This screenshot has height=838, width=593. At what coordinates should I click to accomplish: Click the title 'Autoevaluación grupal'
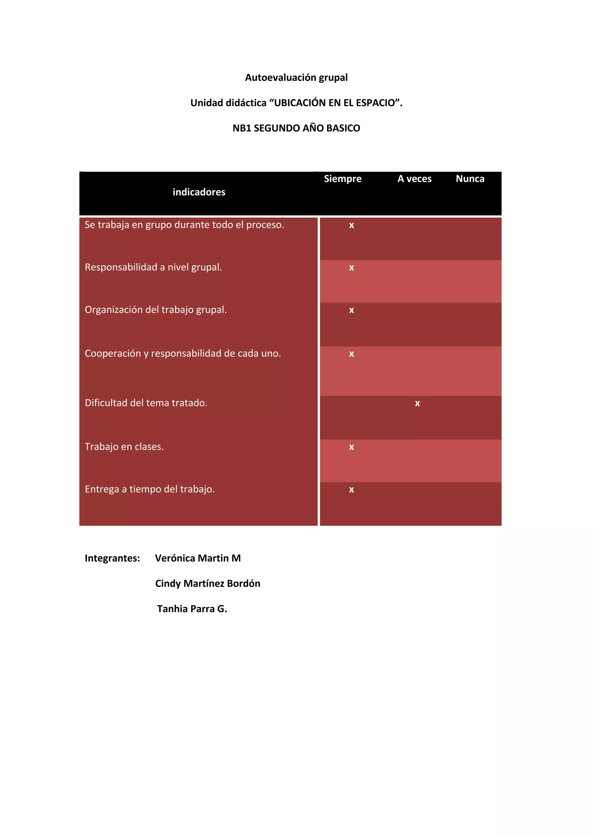[296, 78]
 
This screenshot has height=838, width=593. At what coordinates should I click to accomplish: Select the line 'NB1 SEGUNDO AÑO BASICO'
[296, 128]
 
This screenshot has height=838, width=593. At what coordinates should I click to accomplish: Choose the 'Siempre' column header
[343, 179]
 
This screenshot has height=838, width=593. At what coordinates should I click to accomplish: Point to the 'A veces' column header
[414, 179]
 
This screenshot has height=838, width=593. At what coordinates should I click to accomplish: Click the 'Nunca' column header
[470, 179]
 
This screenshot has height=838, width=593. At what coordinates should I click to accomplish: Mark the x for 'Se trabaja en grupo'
[351, 225]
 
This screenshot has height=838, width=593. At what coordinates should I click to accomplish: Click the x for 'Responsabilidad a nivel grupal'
[351, 268]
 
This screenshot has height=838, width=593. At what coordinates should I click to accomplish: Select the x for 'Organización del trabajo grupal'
[351, 310]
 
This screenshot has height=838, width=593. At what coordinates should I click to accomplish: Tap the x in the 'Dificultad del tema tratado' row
[417, 404]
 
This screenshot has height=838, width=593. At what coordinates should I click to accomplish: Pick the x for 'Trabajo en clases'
[351, 447]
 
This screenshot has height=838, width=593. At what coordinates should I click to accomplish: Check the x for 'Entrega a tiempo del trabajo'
[351, 490]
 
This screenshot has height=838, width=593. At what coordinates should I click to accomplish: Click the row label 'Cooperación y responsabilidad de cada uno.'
[183, 354]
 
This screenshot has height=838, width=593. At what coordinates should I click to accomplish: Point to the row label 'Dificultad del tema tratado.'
[146, 403]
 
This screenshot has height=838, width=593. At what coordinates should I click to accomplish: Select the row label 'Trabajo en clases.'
[124, 447]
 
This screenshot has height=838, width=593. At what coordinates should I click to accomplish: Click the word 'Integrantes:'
[112, 558]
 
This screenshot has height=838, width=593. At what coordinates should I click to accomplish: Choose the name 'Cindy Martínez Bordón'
[207, 584]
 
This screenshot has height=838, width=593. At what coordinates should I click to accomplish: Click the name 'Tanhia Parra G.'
[192, 609]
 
